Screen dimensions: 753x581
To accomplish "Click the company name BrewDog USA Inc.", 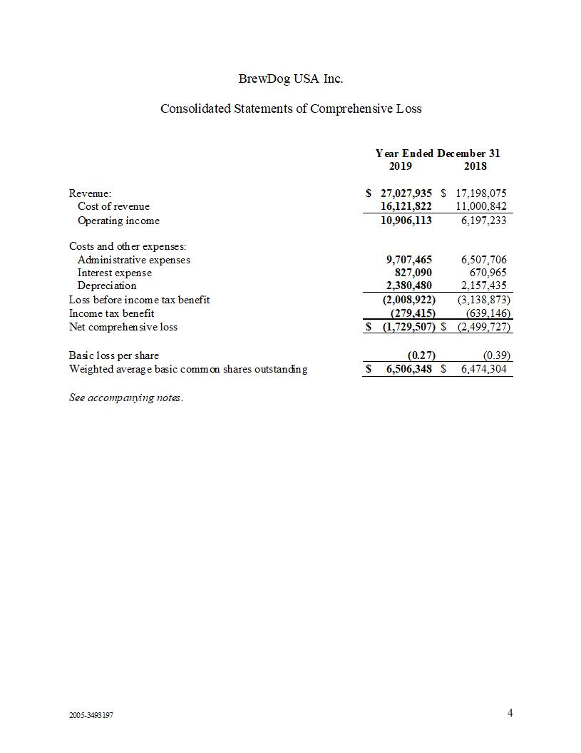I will click(x=291, y=79).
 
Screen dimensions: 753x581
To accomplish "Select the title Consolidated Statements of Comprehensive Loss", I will click(x=291, y=109).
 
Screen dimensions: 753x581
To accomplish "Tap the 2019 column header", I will click(x=400, y=166).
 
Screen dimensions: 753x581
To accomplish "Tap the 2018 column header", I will click(x=475, y=166).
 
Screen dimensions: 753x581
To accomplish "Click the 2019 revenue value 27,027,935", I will click(x=406, y=193).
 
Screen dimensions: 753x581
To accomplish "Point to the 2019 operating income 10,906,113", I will click(x=406, y=221).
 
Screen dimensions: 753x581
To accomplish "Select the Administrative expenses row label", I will click(x=134, y=260).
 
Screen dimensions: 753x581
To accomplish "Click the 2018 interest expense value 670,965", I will click(x=488, y=273).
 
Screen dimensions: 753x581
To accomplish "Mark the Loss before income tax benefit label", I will click(x=139, y=300).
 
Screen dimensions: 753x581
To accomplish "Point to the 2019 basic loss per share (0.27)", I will click(x=421, y=355).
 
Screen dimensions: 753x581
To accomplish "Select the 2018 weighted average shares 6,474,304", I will click(x=484, y=369).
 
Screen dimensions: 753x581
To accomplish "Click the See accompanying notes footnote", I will click(x=125, y=398).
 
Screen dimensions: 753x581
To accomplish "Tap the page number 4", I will click(x=510, y=713).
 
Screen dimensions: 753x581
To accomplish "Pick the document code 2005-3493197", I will click(x=91, y=715).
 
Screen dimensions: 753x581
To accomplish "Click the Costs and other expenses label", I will click(x=128, y=246).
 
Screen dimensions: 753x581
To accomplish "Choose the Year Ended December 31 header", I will click(x=443, y=153).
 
